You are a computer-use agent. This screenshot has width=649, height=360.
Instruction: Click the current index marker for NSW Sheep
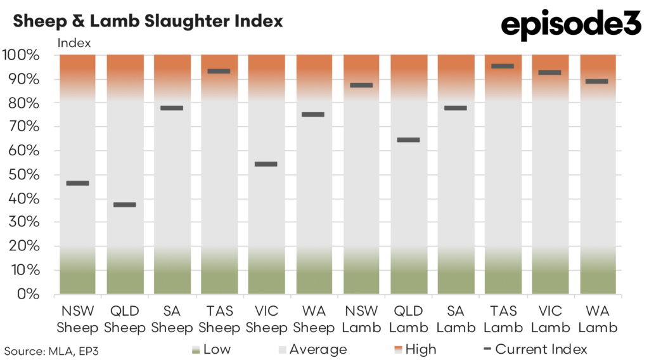pyautogui.click(x=77, y=183)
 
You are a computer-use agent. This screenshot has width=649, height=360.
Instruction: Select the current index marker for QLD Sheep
pyautogui.click(x=124, y=205)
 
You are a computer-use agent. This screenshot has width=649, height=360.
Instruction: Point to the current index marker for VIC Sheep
pyautogui.click(x=266, y=164)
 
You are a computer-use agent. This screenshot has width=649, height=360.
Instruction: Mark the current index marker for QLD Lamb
pyautogui.click(x=408, y=140)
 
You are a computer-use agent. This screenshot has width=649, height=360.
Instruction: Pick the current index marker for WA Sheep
pyautogui.click(x=313, y=115)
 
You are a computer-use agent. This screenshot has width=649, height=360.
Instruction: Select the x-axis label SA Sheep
pyautogui.click(x=172, y=319)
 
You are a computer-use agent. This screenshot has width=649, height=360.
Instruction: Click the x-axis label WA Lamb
pyautogui.click(x=598, y=319)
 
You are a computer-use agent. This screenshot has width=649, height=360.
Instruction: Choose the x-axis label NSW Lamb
pyautogui.click(x=361, y=319)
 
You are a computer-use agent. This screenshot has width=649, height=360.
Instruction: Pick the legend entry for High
pyautogui.click(x=416, y=349)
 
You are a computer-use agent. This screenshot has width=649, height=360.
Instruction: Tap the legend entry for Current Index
pyautogui.click(x=534, y=349)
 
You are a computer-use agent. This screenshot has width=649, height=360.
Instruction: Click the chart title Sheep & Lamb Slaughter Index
pyautogui.click(x=148, y=21)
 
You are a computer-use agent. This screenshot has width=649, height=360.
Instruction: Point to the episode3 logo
pyautogui.click(x=571, y=25)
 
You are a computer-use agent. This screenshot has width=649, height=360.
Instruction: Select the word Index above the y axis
pyautogui.click(x=74, y=43)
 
